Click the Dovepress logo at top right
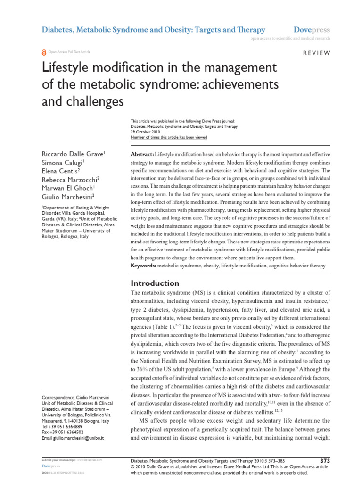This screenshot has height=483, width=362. click(312, 29)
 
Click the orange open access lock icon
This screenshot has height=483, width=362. click(44, 52)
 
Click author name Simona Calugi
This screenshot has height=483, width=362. click(63, 163)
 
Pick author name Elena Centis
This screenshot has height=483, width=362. click(61, 171)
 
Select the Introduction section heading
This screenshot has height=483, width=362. click(155, 283)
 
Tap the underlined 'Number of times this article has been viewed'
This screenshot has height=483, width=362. click(168, 138)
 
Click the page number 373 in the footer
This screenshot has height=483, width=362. click(325, 460)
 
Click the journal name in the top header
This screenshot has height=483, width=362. click(154, 29)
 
